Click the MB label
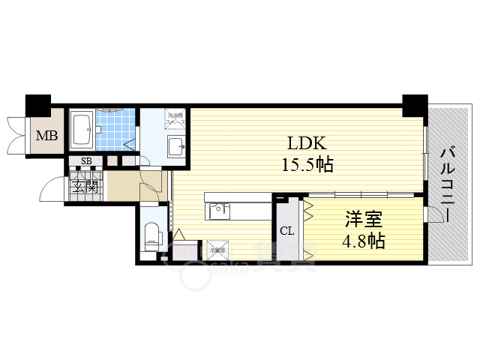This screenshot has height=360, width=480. coord(46,136)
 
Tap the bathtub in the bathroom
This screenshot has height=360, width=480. coord(82,130)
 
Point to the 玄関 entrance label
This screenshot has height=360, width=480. coord(85,186)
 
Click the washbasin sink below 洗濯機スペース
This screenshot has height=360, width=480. coord(176,145)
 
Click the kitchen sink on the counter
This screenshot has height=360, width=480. coord(220,210)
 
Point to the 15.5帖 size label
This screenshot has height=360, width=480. coord(307,164)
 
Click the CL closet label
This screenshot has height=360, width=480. coord(286,230)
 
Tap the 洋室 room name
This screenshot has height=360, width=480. coord(364,220)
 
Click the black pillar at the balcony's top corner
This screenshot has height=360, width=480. coord(413,104)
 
